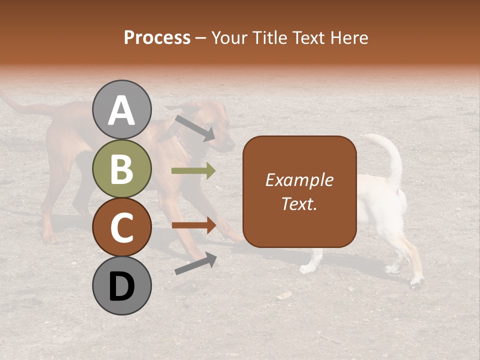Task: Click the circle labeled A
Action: pyautogui.click(x=121, y=109)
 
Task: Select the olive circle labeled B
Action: pyautogui.click(x=121, y=168)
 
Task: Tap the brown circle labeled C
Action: pyautogui.click(x=121, y=227)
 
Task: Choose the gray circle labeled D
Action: pyautogui.click(x=121, y=285)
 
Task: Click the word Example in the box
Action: pyautogui.click(x=299, y=180)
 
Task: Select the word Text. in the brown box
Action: pyautogui.click(x=299, y=204)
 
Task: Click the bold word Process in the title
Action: pyautogui.click(x=157, y=37)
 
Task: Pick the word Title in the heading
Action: pyautogui.click(x=270, y=37)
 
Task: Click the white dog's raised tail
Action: pyautogui.click(x=392, y=155)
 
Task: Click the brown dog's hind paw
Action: pyautogui.click(x=49, y=238)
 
